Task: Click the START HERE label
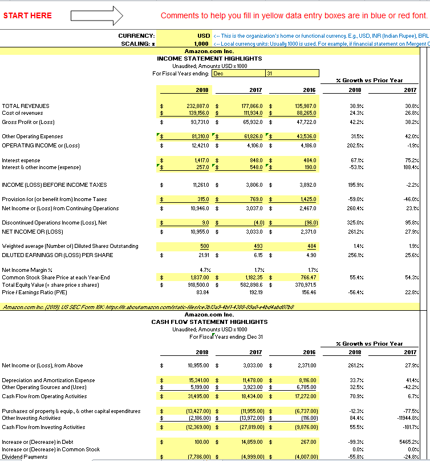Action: tap(27, 15)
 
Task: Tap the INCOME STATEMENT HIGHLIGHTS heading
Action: tap(209, 58)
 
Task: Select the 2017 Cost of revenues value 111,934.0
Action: tap(250, 114)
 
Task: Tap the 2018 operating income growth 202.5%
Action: tap(354, 145)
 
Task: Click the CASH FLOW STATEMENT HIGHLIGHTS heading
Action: tap(209, 322)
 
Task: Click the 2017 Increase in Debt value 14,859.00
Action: tap(250, 442)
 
